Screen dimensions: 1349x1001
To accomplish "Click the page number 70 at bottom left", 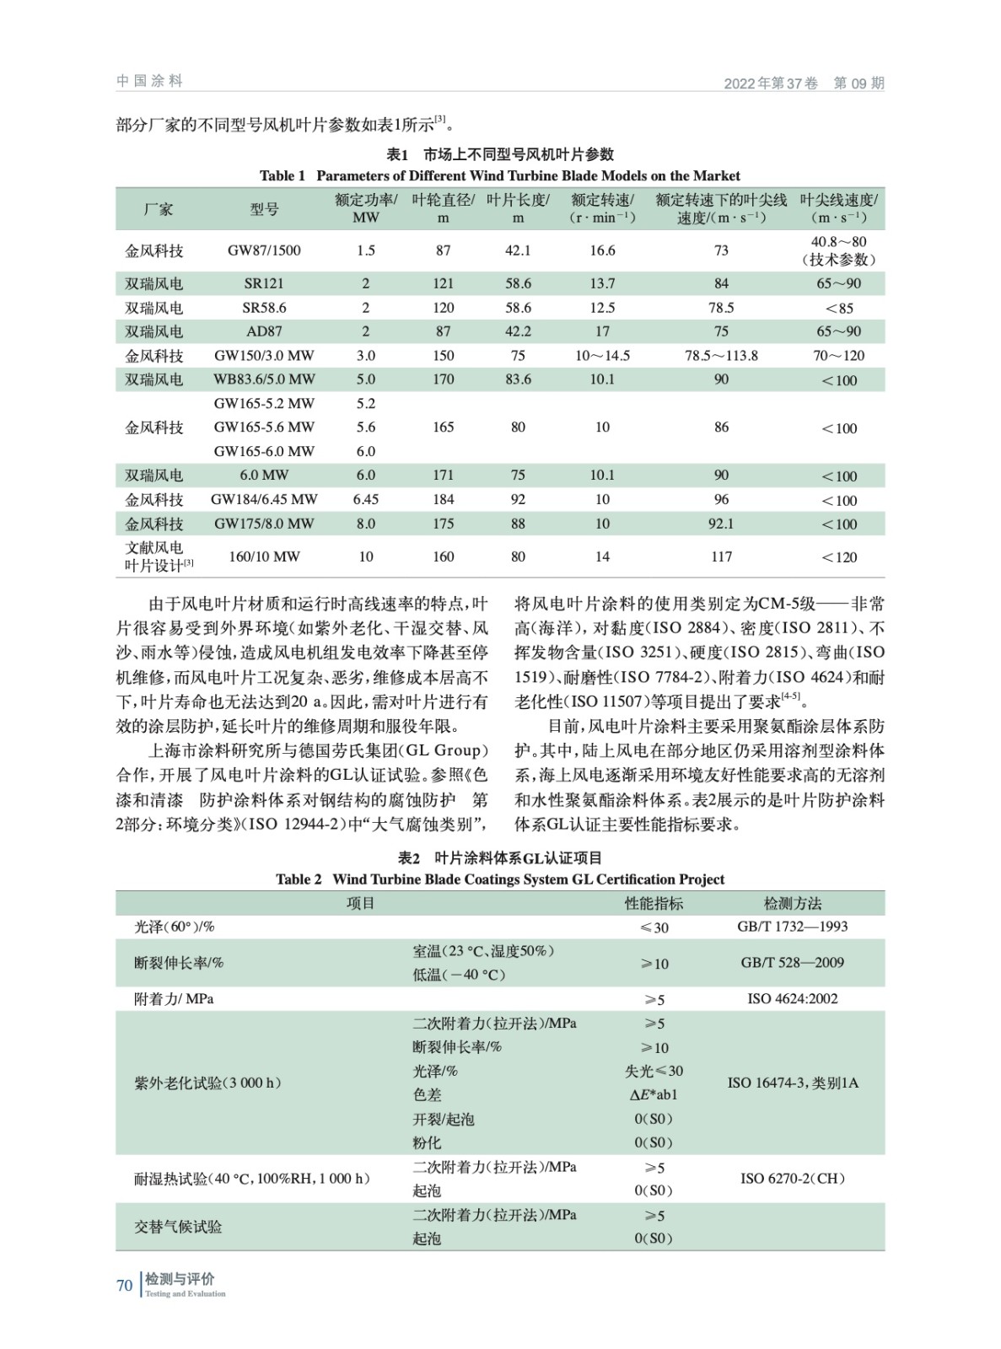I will pos(124,1285).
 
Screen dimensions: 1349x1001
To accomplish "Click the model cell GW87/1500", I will pos(264,250).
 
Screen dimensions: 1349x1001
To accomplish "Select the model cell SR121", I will pos(264,283).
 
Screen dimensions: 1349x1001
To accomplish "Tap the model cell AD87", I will pos(264,331).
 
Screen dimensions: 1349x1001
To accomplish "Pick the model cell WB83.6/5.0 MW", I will pos(264,379).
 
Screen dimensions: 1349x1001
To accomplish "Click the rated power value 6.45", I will pos(366,499).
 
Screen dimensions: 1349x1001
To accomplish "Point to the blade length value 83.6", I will pos(518,379).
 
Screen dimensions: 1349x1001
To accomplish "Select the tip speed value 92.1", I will pos(721,524).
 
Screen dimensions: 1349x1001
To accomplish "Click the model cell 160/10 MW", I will pos(264,556).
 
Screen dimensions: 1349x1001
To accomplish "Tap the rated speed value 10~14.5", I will pos(602,356).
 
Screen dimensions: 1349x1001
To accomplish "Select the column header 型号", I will pos(264,209).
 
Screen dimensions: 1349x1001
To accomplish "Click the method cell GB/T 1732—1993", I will pos(792,927).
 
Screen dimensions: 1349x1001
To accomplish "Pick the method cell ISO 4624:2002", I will pos(792,999).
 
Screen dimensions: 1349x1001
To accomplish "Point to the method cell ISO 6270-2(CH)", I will pos(792,1179).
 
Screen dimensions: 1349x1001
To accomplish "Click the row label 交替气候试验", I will pos(178,1227).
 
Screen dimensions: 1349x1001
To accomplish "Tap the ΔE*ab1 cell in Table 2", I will pos(654,1095).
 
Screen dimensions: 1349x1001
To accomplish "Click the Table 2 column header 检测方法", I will pos(792,903).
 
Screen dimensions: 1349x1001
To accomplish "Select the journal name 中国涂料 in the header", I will pos(150,81).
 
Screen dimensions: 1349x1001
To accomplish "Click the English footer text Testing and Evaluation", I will pos(186,1293).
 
